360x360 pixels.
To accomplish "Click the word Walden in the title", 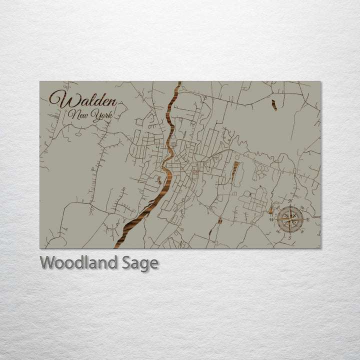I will (x=83, y=99).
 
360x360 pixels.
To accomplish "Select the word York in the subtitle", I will (x=101, y=115).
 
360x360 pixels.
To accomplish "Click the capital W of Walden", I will (x=58, y=98).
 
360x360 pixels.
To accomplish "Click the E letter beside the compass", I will (x=308, y=219).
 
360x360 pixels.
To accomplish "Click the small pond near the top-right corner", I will (x=274, y=105).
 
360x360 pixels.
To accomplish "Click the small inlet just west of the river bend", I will (x=159, y=178).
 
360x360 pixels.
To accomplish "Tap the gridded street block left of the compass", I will (x=255, y=200).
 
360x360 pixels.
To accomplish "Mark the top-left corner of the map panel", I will (x=40, y=81).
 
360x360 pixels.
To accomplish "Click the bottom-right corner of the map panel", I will (x=320, y=248).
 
